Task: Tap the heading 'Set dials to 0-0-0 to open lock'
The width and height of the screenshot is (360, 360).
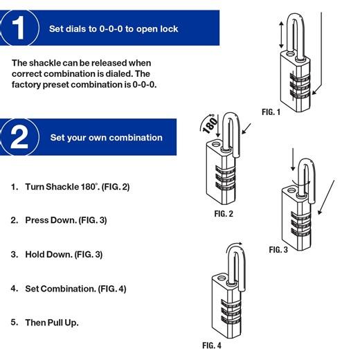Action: pyautogui.click(x=114, y=29)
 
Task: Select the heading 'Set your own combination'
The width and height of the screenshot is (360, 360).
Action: pyautogui.click(x=106, y=137)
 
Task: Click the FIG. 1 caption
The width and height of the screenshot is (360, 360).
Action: pyautogui.click(x=271, y=112)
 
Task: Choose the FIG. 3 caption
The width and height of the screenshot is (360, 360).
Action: pyautogui.click(x=278, y=250)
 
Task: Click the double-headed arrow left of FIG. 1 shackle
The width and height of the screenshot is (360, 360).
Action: pyautogui.click(x=280, y=33)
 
